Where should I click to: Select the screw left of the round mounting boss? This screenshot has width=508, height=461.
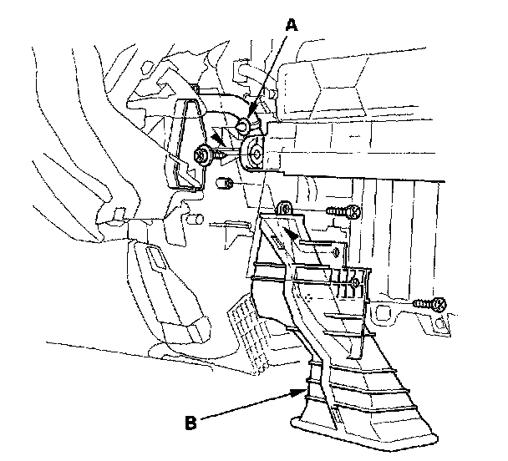click(203, 155)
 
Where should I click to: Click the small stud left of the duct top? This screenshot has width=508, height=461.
click(195, 220)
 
